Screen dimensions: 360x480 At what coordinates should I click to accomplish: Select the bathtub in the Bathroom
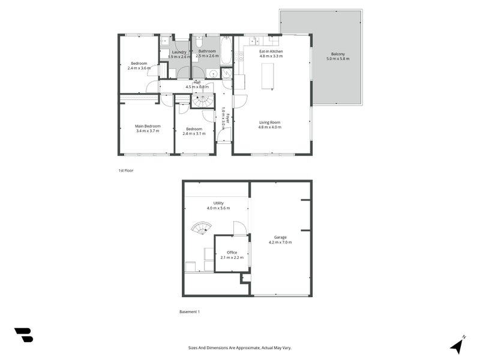coord(226,51)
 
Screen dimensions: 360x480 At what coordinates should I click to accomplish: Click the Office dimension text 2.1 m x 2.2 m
coord(232,257)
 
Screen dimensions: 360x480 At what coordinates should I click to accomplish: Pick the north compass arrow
coord(457,345)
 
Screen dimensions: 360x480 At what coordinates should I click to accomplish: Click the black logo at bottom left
coord(23,335)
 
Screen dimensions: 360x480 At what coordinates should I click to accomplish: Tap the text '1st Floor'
coord(125,171)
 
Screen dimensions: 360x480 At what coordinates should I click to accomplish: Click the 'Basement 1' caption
coord(190,311)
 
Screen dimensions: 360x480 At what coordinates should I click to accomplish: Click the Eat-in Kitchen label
coord(271,52)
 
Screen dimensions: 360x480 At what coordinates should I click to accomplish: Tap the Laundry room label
coord(179,52)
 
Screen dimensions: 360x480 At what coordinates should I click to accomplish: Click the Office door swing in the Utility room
coord(239,227)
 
